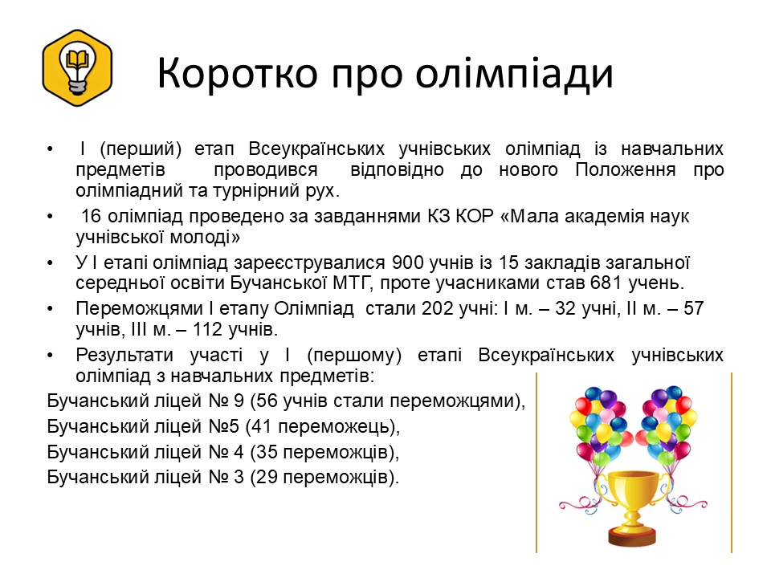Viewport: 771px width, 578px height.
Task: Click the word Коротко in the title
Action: (x=238, y=73)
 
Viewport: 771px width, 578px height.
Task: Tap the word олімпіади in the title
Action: (x=514, y=75)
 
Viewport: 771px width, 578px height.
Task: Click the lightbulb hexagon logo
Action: (x=77, y=67)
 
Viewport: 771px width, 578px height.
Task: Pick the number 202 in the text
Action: (x=437, y=308)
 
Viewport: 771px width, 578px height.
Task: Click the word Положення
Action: (x=626, y=170)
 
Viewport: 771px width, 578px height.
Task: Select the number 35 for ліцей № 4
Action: (x=267, y=452)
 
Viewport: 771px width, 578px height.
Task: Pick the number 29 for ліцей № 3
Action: (x=267, y=477)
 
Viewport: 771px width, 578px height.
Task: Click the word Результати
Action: (x=124, y=356)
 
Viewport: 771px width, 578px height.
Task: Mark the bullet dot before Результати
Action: (x=50, y=356)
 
